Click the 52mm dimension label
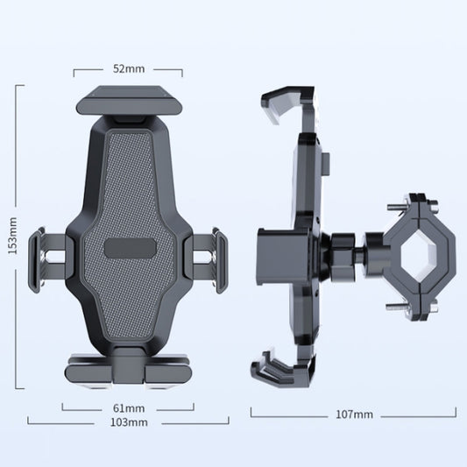coord(129,68)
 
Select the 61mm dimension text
coord(129,407)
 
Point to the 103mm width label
coord(129,422)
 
